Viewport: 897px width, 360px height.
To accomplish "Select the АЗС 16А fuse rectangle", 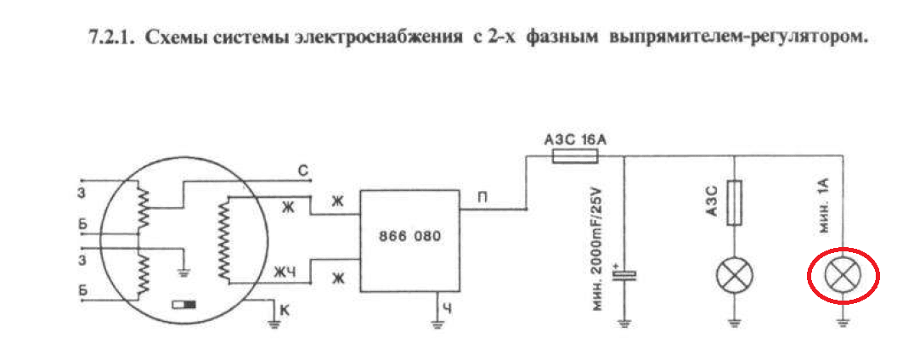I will coord(575,155).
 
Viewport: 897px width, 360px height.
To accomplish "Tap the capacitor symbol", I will coord(625,274).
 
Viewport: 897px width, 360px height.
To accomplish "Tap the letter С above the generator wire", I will coord(302,169).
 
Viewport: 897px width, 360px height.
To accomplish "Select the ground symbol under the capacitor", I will coord(625,322).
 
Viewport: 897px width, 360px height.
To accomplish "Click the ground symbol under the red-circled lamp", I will coord(842,321).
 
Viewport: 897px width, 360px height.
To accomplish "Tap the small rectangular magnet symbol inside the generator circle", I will coord(183,304).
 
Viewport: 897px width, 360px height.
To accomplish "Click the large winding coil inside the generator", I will coord(225,239).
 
